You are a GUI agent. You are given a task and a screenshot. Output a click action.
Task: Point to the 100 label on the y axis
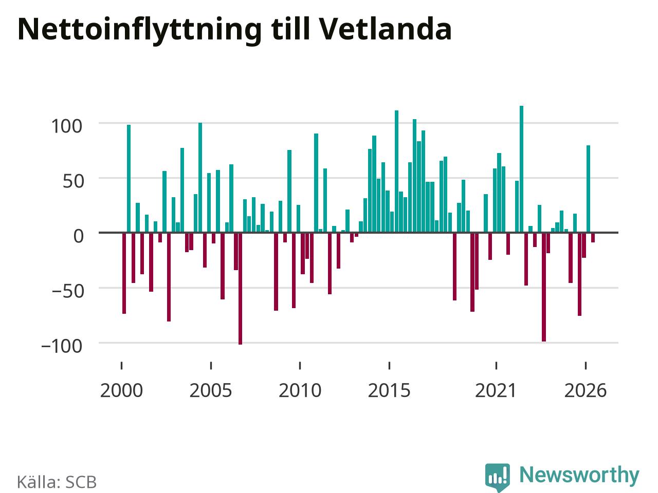pyautogui.click(x=67, y=126)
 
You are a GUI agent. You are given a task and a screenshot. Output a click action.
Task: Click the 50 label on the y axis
pyautogui.click(x=74, y=181)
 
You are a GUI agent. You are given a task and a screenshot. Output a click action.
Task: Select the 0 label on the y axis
pyautogui.click(x=79, y=236)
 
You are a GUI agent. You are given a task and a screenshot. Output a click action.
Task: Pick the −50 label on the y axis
pyautogui.click(x=68, y=291)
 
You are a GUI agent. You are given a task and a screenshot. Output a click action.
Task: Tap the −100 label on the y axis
pyautogui.click(x=62, y=346)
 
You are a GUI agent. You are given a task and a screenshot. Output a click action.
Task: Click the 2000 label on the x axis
pyautogui.click(x=121, y=391)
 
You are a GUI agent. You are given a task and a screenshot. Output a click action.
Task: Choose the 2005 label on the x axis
pyautogui.click(x=211, y=391)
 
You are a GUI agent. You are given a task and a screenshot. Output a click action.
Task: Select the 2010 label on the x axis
pyautogui.click(x=300, y=391)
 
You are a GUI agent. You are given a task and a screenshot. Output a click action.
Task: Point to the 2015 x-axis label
pyautogui.click(x=389, y=391)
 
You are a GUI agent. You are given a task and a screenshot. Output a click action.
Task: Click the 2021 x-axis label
pyautogui.click(x=496, y=391)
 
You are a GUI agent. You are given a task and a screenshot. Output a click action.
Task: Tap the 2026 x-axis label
pyautogui.click(x=586, y=391)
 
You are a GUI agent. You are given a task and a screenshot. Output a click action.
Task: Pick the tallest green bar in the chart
pyautogui.click(x=522, y=169)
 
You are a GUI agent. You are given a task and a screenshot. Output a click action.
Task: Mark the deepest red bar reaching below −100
pyautogui.click(x=241, y=289)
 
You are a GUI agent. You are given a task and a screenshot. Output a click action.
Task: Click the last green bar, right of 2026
pyautogui.click(x=589, y=189)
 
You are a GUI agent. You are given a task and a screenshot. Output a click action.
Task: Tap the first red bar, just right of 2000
pyautogui.click(x=124, y=273)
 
